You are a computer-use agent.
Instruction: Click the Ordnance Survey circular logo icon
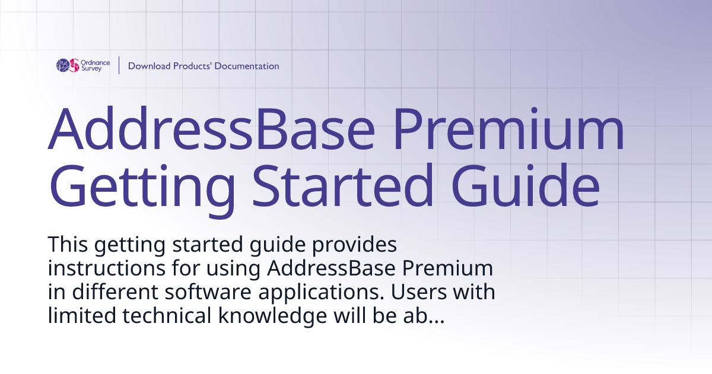pyautogui.click(x=68, y=65)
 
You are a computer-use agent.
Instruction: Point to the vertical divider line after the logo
pyautogui.click(x=119, y=65)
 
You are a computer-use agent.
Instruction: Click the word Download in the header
pyautogui.click(x=149, y=66)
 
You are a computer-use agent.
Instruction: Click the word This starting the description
pyautogui.click(x=67, y=244)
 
